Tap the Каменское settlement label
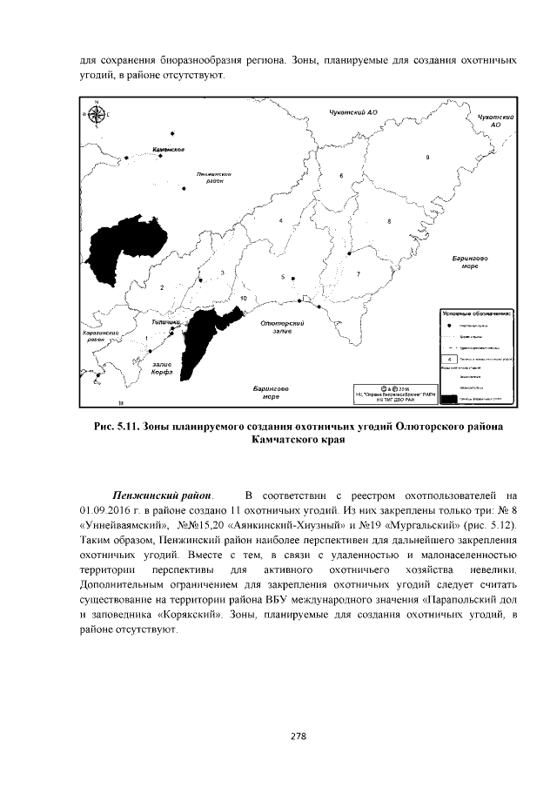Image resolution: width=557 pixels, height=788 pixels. [x=169, y=150]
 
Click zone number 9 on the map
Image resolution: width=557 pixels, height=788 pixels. [x=428, y=157]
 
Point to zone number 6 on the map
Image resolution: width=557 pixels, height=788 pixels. [x=341, y=176]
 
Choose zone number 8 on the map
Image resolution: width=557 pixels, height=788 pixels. [x=389, y=222]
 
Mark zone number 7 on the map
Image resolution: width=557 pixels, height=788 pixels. [x=358, y=273]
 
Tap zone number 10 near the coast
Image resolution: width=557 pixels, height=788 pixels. [x=244, y=298]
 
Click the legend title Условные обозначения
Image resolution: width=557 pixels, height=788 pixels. [x=475, y=312]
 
